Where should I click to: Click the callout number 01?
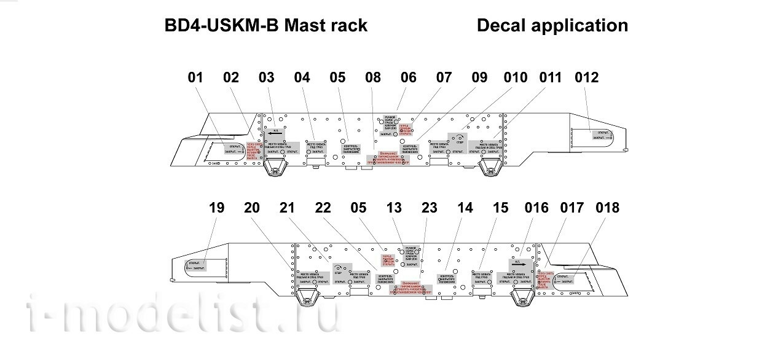[x=195, y=78]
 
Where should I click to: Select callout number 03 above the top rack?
[x=267, y=78]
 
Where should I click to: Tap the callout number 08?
[x=373, y=78]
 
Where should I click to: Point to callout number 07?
[x=444, y=78]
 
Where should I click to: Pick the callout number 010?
[x=515, y=78]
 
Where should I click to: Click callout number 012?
[x=586, y=78]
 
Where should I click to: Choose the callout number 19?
[x=217, y=208]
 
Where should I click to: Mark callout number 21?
[x=288, y=208]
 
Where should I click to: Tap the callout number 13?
[x=394, y=208]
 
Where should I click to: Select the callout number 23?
[x=430, y=208]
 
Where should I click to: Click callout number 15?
[x=501, y=208]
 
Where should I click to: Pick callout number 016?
[x=536, y=208]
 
